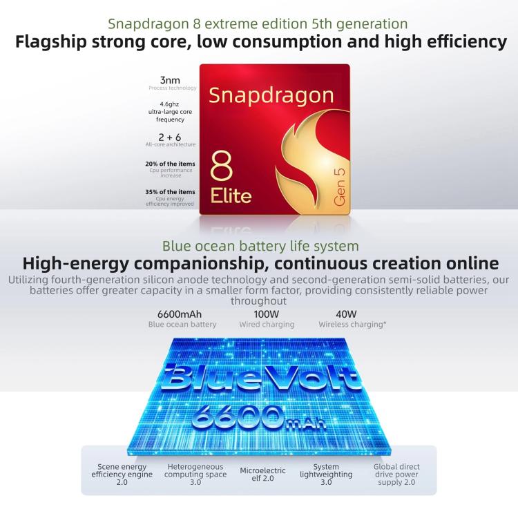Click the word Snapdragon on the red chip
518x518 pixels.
point(271,96)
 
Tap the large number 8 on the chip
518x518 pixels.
point(221,166)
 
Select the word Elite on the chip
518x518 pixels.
point(231,195)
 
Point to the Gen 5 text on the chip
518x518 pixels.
point(340,187)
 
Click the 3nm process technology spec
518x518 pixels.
point(170,80)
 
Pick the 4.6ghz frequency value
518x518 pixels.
point(169,104)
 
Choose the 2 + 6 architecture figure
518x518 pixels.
point(170,137)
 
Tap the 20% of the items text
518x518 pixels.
point(170,164)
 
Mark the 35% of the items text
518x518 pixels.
point(170,192)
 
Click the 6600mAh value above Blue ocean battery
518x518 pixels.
point(180,314)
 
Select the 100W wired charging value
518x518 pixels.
point(267,314)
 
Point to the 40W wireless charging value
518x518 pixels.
point(346,314)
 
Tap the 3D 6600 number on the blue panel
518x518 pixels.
point(238,417)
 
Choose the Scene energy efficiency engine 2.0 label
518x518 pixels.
point(122,474)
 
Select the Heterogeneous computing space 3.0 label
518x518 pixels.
point(195,474)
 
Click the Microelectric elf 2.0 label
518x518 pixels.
point(262,474)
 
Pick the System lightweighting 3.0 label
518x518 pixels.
point(326,474)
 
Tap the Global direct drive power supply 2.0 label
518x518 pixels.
point(396,474)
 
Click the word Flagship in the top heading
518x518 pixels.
point(51,42)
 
